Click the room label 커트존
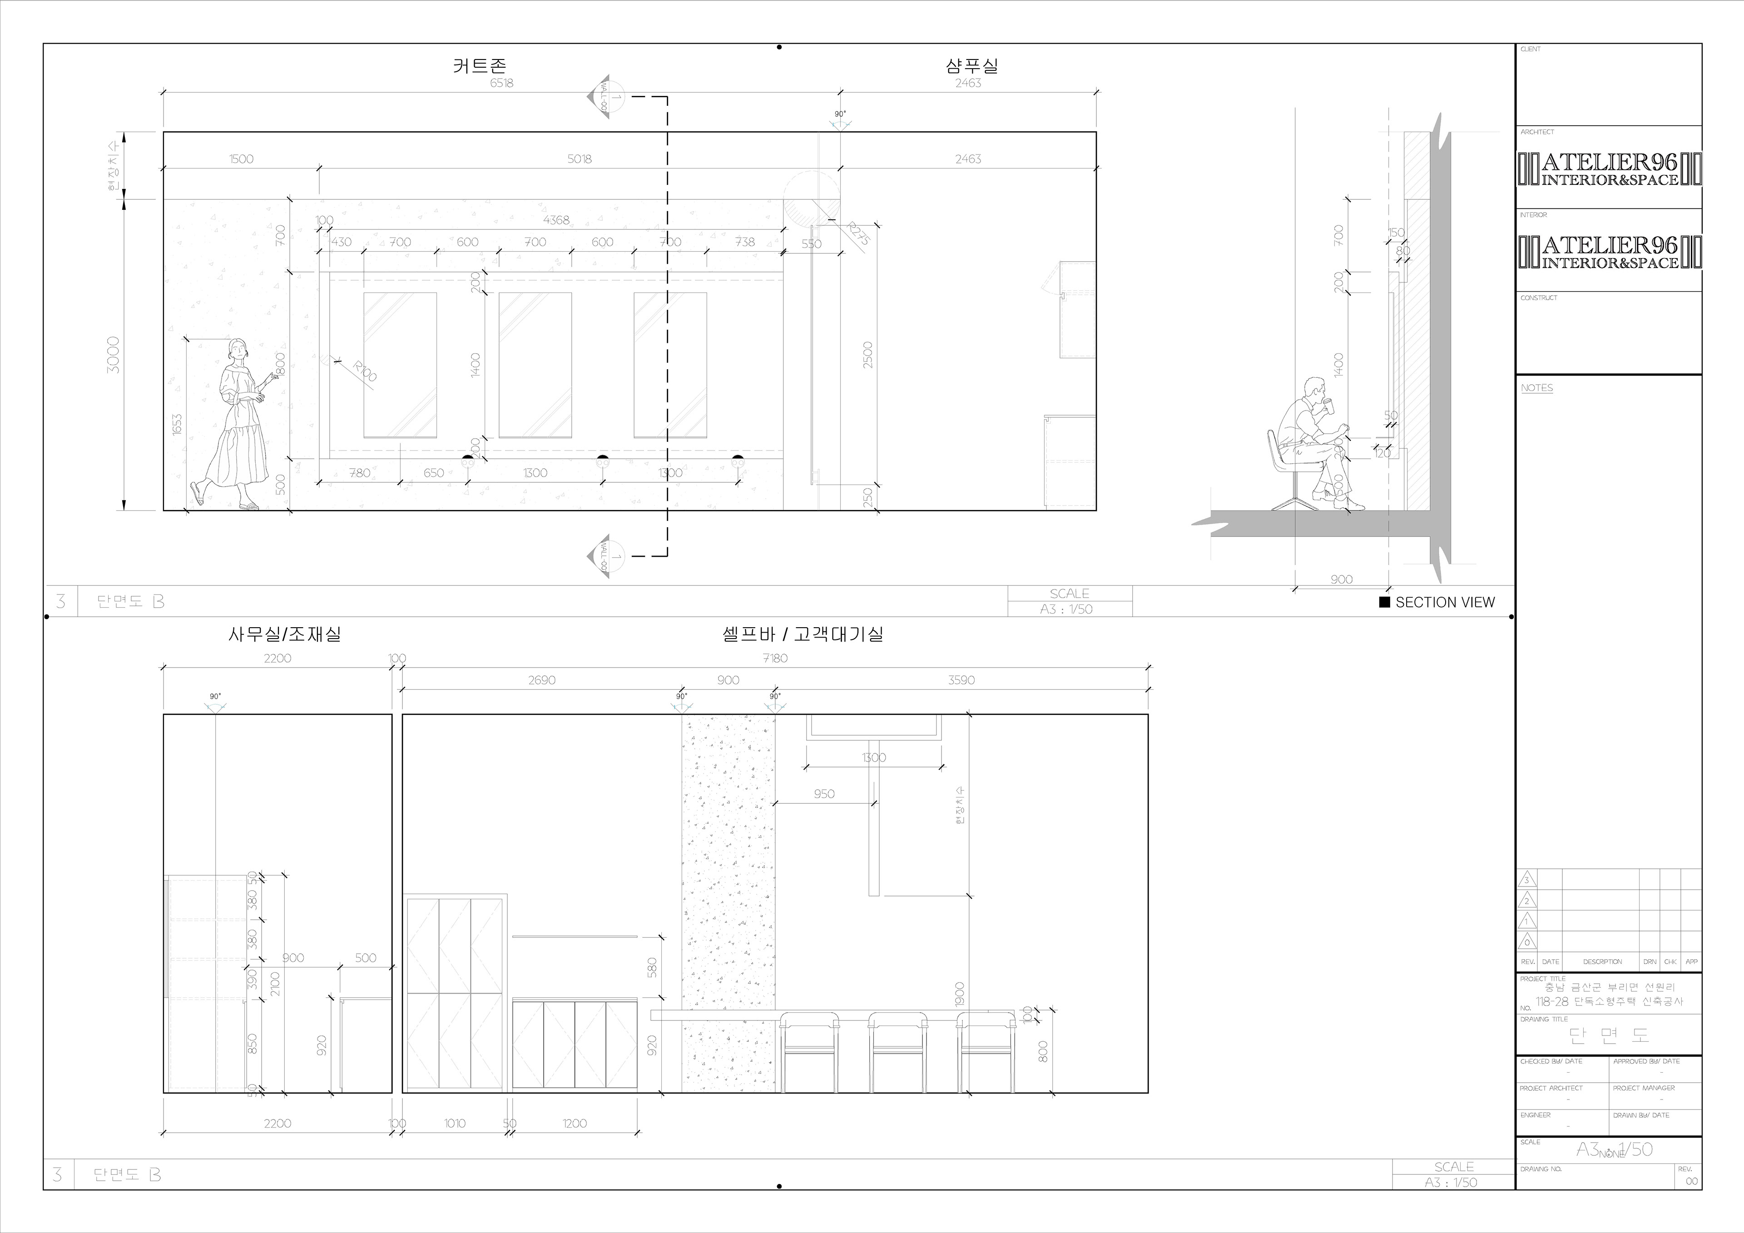tap(479, 66)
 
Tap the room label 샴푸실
tap(971, 66)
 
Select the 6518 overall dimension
tap(501, 83)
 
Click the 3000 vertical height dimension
tap(113, 354)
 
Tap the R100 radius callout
tap(365, 371)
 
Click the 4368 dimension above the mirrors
tap(556, 219)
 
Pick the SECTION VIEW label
tap(1445, 603)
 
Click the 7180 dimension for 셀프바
tap(775, 658)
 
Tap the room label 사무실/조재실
tap(285, 634)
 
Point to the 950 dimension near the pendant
tap(824, 794)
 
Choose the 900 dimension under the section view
tap(1342, 579)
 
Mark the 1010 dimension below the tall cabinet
tap(455, 1123)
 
